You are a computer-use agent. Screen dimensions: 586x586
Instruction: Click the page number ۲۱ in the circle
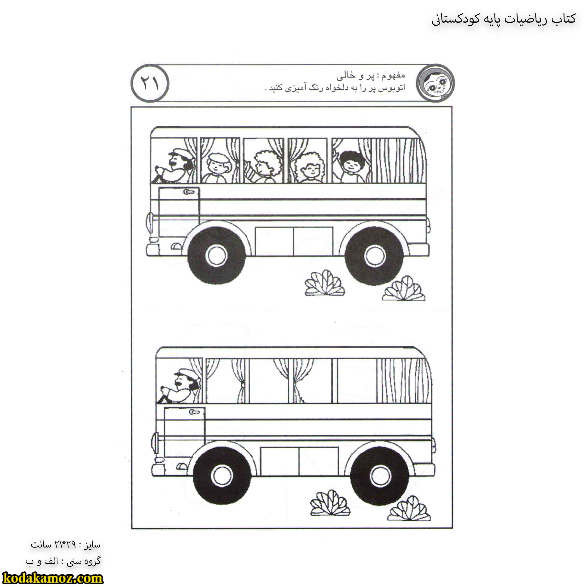pos(150,83)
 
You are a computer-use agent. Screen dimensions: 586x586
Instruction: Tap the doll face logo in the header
pos(436,83)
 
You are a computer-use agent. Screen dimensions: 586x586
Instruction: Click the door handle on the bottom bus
pos(194,412)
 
